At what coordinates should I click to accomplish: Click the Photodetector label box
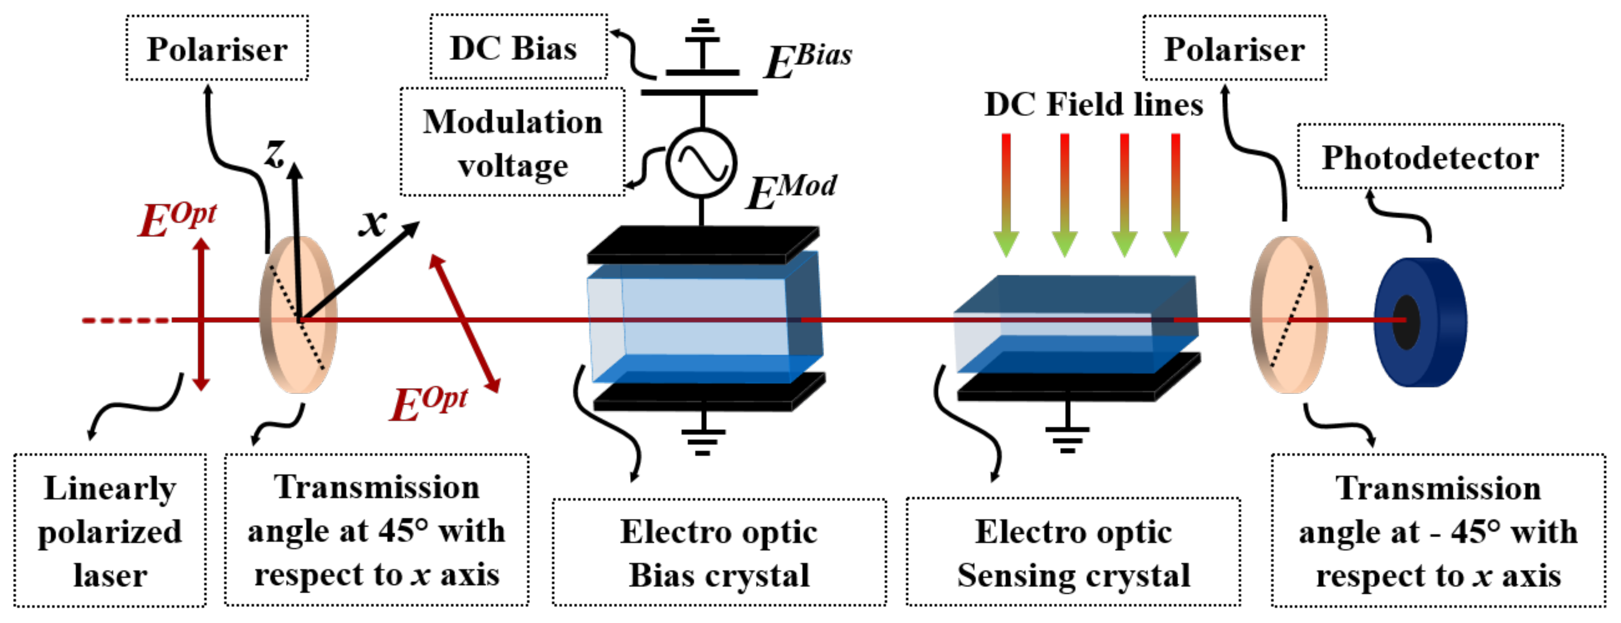pyautogui.click(x=1430, y=156)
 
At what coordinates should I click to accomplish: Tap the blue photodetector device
pyautogui.click(x=1421, y=322)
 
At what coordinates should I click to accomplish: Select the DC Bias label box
pyautogui.click(x=518, y=48)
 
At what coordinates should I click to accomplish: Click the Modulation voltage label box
pyautogui.click(x=512, y=143)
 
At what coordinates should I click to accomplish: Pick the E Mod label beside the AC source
pyautogui.click(x=791, y=191)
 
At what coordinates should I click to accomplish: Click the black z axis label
pyautogui.click(x=275, y=153)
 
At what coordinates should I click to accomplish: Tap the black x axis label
pyautogui.click(x=373, y=221)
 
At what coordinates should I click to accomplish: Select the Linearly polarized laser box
pyautogui.click(x=110, y=530)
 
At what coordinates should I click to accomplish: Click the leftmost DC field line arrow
pyautogui.click(x=1006, y=195)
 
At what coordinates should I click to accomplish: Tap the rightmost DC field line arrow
pyautogui.click(x=1175, y=195)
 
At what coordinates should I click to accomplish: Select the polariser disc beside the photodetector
pyautogui.click(x=1289, y=314)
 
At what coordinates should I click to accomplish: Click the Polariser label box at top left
pyautogui.click(x=217, y=48)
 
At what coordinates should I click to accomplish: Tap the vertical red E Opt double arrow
pyautogui.click(x=201, y=314)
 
